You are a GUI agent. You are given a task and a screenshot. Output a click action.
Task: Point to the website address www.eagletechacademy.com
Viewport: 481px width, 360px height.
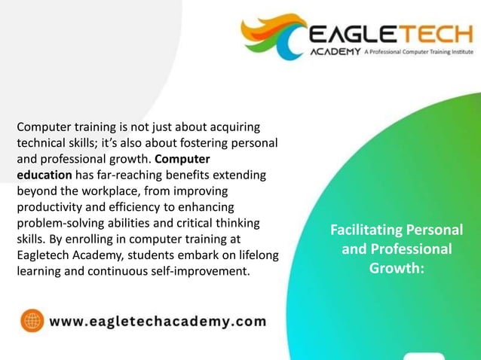(x=158, y=322)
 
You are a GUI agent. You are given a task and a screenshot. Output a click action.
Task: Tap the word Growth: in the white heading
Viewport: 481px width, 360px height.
(x=397, y=267)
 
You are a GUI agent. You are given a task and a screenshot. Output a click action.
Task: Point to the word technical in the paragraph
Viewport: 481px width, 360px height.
(x=44, y=142)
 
